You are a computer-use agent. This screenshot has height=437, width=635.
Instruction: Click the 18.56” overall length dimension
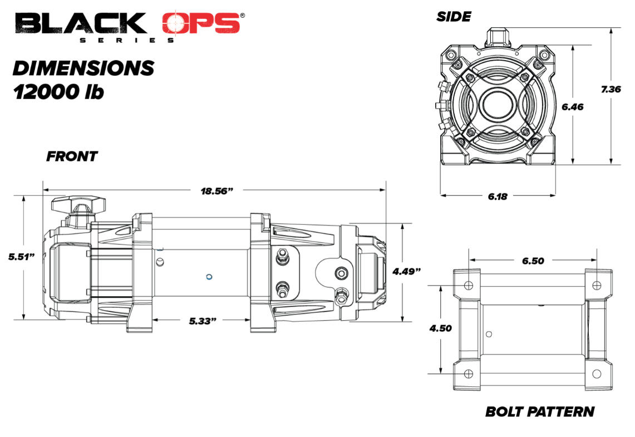coord(216,190)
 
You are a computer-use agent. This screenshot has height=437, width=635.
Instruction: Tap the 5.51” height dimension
coord(22,257)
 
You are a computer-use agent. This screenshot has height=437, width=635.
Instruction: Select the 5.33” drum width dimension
coord(202,321)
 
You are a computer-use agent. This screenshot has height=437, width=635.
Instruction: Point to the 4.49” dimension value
coord(407,271)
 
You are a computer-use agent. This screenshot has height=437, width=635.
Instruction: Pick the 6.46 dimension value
coord(572,107)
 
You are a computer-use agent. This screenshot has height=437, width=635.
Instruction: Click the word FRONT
coord(72,156)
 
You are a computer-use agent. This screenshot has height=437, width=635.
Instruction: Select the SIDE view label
coord(454,17)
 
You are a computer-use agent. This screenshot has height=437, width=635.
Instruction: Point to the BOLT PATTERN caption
coord(539,412)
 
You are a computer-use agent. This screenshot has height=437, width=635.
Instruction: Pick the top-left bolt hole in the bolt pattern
coord(468,285)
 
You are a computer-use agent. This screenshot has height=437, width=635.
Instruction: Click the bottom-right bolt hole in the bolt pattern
coord(596,372)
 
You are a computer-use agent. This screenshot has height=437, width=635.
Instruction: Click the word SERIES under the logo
coord(127,40)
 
